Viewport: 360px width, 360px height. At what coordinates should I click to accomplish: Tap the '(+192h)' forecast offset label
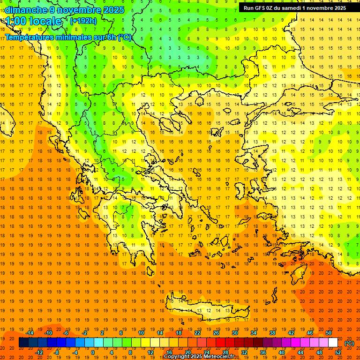[83, 21]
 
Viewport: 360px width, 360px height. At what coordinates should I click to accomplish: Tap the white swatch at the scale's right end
[333, 343]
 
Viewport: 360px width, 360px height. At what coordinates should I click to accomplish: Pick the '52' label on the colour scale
[338, 352]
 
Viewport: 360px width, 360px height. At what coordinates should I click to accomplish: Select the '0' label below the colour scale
[93, 352]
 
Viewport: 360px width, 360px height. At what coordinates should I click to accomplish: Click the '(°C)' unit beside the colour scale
[349, 343]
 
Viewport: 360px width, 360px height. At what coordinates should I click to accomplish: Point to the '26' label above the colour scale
[216, 333]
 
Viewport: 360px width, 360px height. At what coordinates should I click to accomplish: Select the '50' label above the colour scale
[329, 333]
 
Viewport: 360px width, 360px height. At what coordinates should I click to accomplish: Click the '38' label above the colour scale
[272, 333]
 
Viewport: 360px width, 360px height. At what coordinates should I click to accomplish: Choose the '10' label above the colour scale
[141, 333]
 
